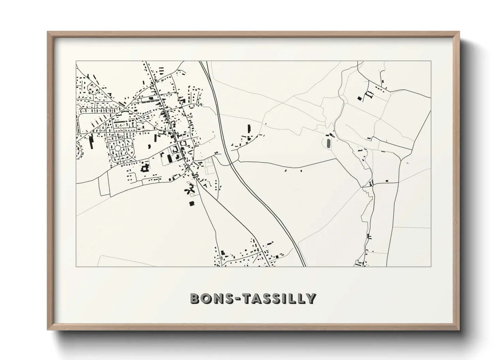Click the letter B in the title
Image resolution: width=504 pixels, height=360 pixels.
click(195, 298)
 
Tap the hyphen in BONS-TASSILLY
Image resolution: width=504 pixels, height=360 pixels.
click(237, 299)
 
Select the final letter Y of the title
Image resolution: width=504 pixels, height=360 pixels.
click(310, 298)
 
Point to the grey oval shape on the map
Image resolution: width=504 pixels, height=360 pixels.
click(328, 143)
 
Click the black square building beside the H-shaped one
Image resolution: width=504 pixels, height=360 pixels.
click(359, 98)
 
